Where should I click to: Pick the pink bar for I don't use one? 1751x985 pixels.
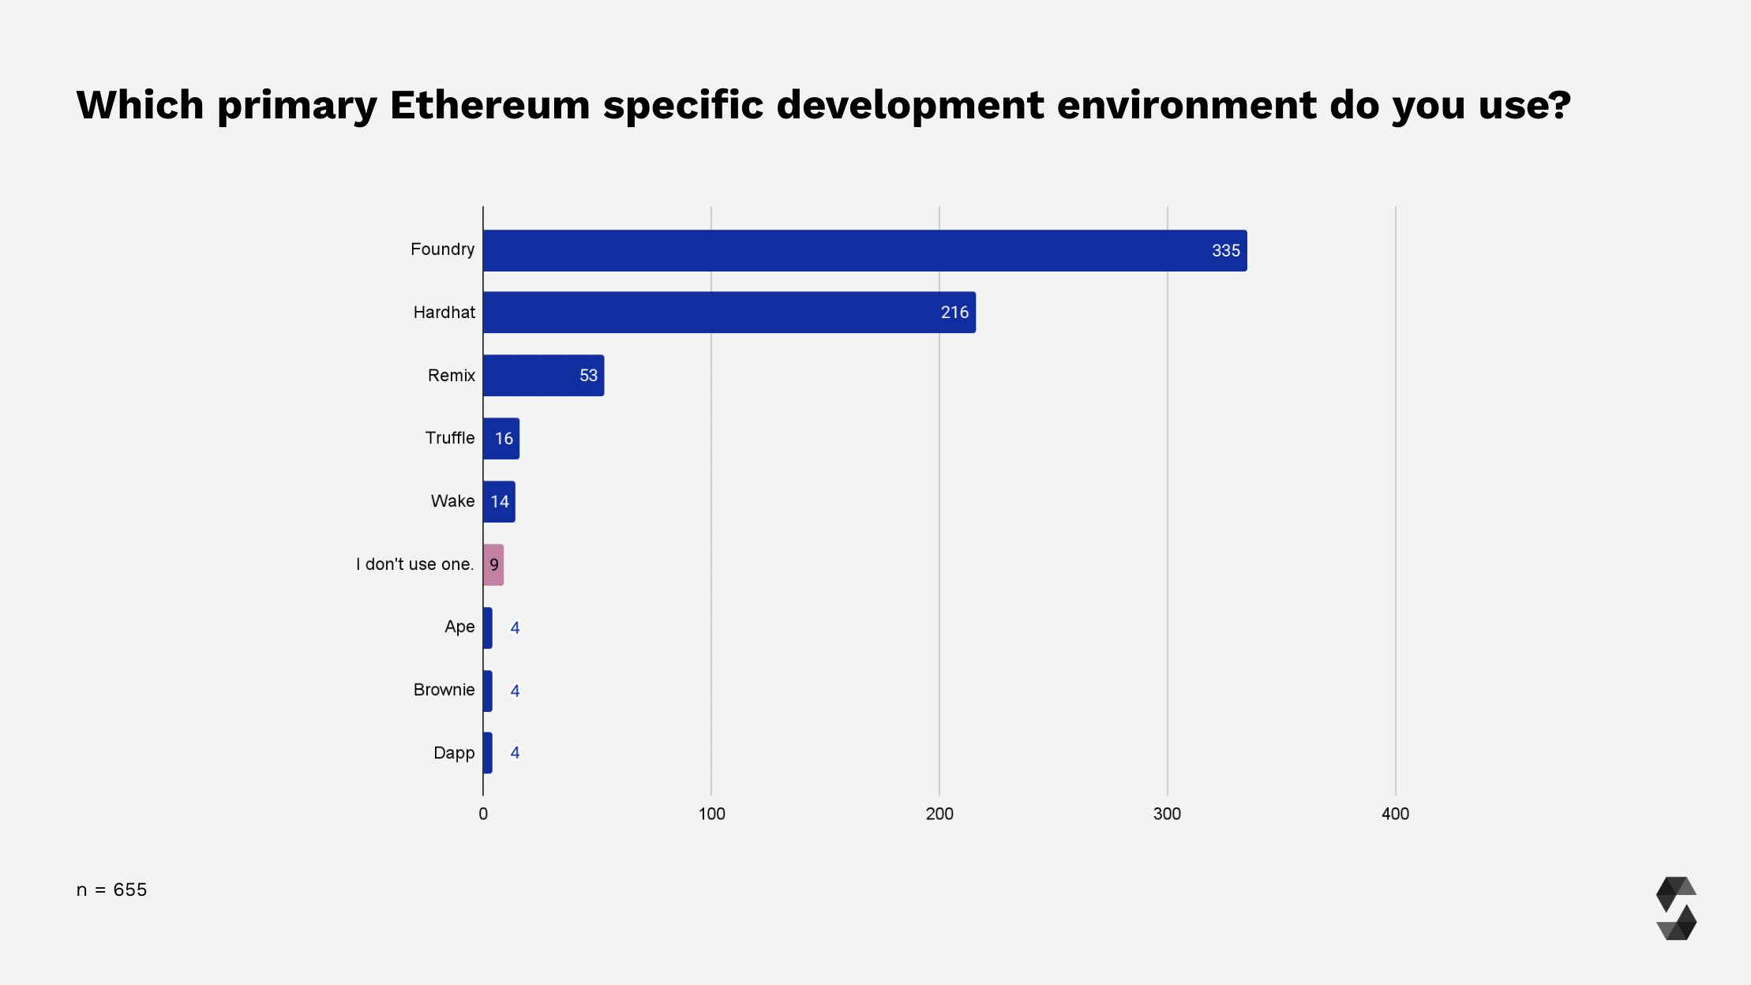[493, 565]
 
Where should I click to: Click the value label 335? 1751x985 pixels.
[1225, 251]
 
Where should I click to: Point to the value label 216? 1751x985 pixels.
[954, 313]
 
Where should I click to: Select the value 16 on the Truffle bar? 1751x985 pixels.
[504, 439]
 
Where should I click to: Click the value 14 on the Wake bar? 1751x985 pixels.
[500, 502]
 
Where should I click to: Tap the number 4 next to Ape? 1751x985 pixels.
[515, 628]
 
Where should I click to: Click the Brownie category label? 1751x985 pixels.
[444, 690]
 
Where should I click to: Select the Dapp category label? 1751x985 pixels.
[454, 753]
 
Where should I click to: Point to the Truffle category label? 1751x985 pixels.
[450, 438]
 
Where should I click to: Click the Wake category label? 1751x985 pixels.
[452, 501]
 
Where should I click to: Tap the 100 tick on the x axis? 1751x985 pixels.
[711, 814]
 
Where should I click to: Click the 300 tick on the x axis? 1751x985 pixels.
[1167, 814]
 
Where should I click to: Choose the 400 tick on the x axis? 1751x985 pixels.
[1395, 814]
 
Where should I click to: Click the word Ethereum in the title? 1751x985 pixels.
[489, 105]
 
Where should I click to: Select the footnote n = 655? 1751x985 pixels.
[111, 889]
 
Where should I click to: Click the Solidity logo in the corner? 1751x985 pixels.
[1676, 908]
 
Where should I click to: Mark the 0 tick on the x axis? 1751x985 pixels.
[483, 814]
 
